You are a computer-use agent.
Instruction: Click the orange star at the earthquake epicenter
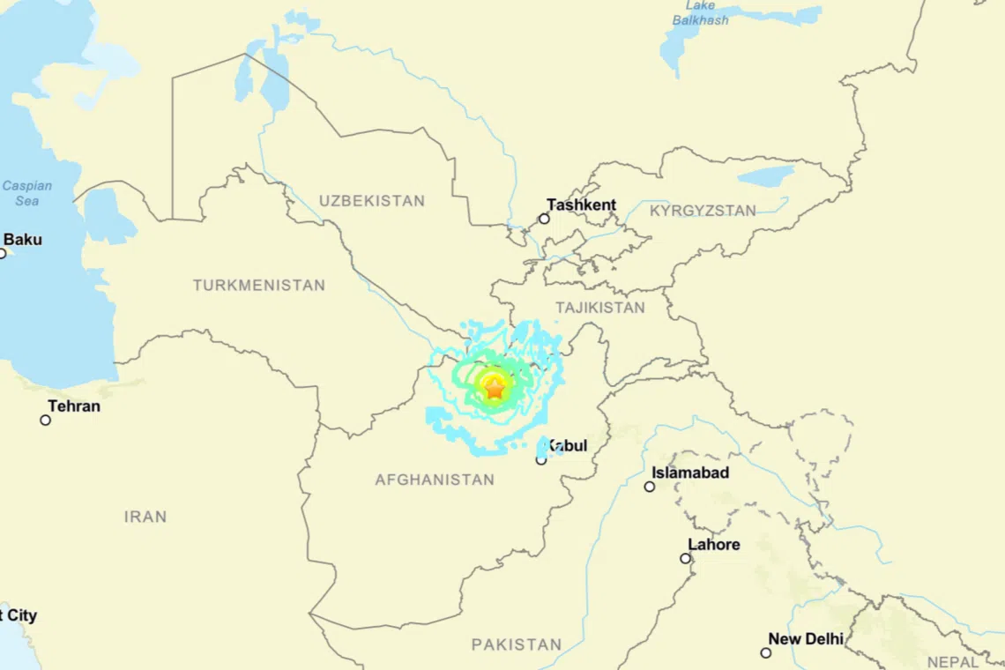495,386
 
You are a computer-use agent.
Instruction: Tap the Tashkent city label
581,205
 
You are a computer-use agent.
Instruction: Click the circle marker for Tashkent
544,219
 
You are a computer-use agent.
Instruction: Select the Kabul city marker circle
541,459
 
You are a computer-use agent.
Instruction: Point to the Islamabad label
690,473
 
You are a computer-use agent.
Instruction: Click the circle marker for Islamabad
649,487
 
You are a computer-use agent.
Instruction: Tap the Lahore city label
713,545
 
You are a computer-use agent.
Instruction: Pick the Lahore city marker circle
685,558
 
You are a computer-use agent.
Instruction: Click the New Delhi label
805,639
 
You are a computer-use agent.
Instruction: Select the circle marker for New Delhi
765,652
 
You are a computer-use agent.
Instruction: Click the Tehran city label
74,406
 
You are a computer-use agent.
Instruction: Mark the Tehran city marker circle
46,420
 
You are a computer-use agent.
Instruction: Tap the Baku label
23,240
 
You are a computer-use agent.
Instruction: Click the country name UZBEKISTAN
371,201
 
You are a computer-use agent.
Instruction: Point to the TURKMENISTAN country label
259,286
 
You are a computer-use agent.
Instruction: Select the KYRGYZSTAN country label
703,211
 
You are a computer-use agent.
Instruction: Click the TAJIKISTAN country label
599,308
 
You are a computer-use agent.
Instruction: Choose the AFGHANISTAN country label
435,480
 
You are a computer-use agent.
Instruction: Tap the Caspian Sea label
26,193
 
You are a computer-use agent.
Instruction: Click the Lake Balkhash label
701,13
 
